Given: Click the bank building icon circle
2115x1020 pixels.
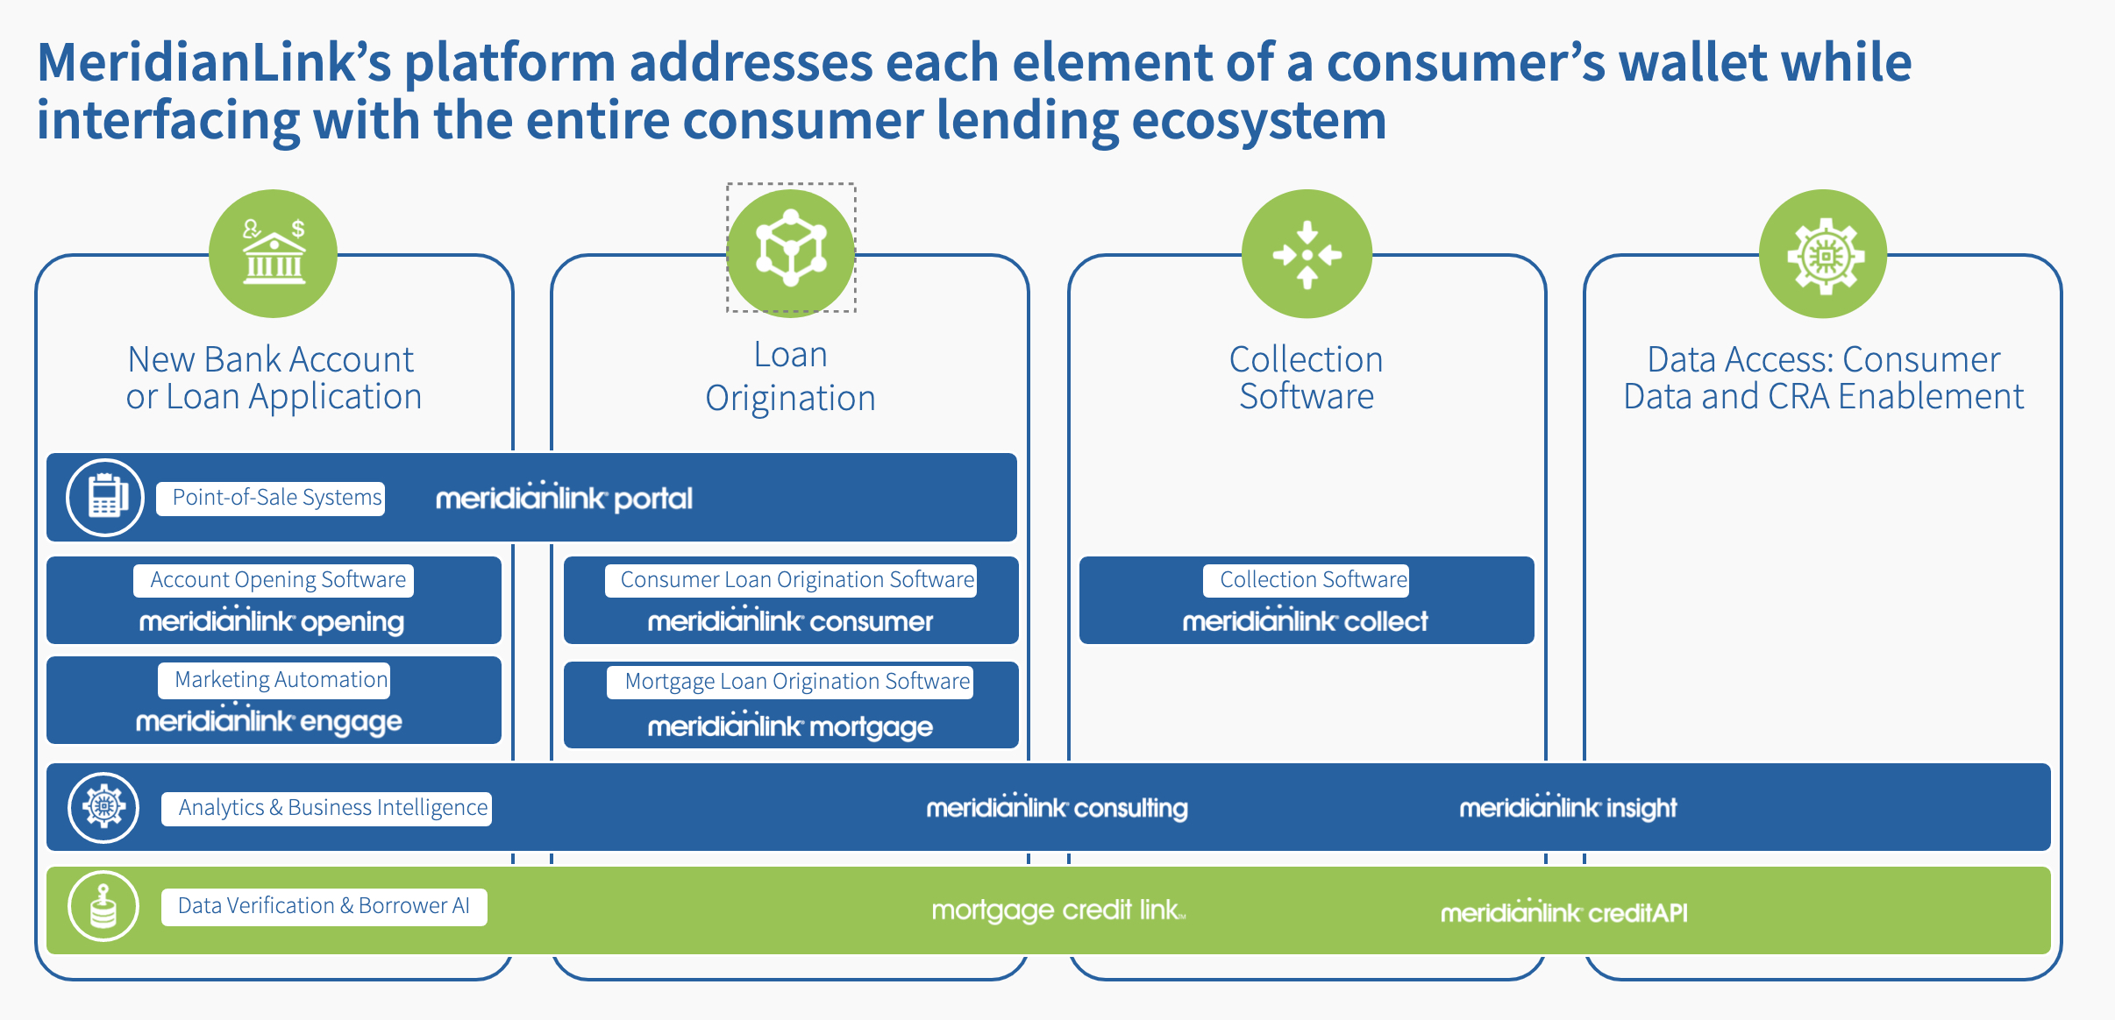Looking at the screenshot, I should coord(273,253).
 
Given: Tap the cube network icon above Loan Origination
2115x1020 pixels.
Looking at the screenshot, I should coord(791,249).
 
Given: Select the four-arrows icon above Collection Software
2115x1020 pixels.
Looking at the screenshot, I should coord(1307,254).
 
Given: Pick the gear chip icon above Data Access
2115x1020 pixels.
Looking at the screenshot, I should coord(1823,254).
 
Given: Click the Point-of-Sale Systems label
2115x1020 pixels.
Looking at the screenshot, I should coord(271,498).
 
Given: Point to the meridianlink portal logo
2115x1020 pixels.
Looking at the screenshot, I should coord(564,498).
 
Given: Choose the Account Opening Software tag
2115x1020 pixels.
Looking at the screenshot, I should coord(274,580).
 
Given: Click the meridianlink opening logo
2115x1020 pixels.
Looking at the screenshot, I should coord(272,620).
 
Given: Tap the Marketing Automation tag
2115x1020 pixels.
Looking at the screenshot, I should coord(274,680).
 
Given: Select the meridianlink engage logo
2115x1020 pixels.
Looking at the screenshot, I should coord(269,720).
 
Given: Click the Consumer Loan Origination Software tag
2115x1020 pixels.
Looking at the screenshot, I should coord(791,580).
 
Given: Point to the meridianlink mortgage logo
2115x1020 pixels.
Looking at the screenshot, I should coord(790,726).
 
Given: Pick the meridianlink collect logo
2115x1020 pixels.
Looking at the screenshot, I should coord(1305,620).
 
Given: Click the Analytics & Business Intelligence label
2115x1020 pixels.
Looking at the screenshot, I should coord(326,808).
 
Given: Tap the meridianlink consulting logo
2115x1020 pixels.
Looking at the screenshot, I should coord(1057,807).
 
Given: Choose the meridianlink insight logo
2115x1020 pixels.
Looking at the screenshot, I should coord(1568,807).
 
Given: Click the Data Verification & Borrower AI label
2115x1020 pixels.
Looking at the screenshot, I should coord(324,906).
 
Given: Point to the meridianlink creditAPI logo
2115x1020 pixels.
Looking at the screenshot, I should coord(1563,912).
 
